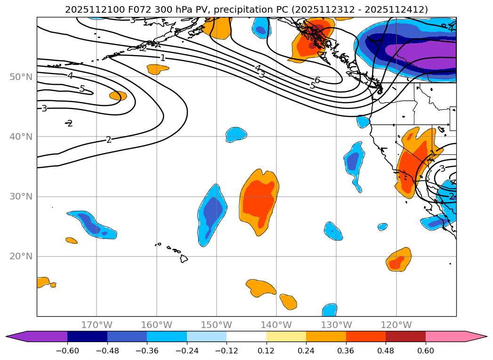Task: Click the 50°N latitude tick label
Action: [x=21, y=77]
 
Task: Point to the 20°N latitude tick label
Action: [x=21, y=256]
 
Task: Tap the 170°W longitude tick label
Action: [x=97, y=325]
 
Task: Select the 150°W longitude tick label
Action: [x=217, y=325]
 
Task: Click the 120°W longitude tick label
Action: [x=396, y=325]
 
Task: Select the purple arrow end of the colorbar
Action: [x=16, y=336]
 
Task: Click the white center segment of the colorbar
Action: [x=246, y=336]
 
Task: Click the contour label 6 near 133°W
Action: [x=317, y=80]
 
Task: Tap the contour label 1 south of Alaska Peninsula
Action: [x=162, y=58]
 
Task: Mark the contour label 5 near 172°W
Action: [x=82, y=88]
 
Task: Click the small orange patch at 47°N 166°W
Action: [x=118, y=96]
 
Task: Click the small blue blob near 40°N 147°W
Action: [x=235, y=135]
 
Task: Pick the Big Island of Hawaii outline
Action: [x=184, y=258]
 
